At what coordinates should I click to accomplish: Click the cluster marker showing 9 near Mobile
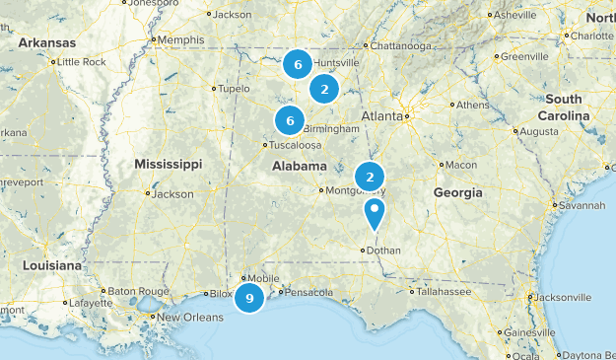click(249, 298)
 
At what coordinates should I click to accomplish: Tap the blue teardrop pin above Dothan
click(375, 213)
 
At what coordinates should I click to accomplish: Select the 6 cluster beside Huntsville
click(297, 64)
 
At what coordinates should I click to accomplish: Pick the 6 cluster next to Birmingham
click(289, 120)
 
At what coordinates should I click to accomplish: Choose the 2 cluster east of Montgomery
click(369, 177)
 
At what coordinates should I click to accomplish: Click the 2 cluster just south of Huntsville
click(323, 90)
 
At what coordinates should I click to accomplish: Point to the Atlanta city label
click(380, 115)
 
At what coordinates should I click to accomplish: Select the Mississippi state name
click(168, 163)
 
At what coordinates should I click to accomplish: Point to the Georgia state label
click(457, 192)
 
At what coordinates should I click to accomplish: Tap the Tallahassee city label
click(445, 291)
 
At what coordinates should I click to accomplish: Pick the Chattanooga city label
click(396, 45)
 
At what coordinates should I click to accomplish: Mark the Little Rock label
click(82, 61)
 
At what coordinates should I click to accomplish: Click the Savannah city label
click(581, 206)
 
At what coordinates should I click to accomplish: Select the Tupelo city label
click(234, 88)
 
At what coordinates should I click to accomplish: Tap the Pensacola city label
click(306, 292)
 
